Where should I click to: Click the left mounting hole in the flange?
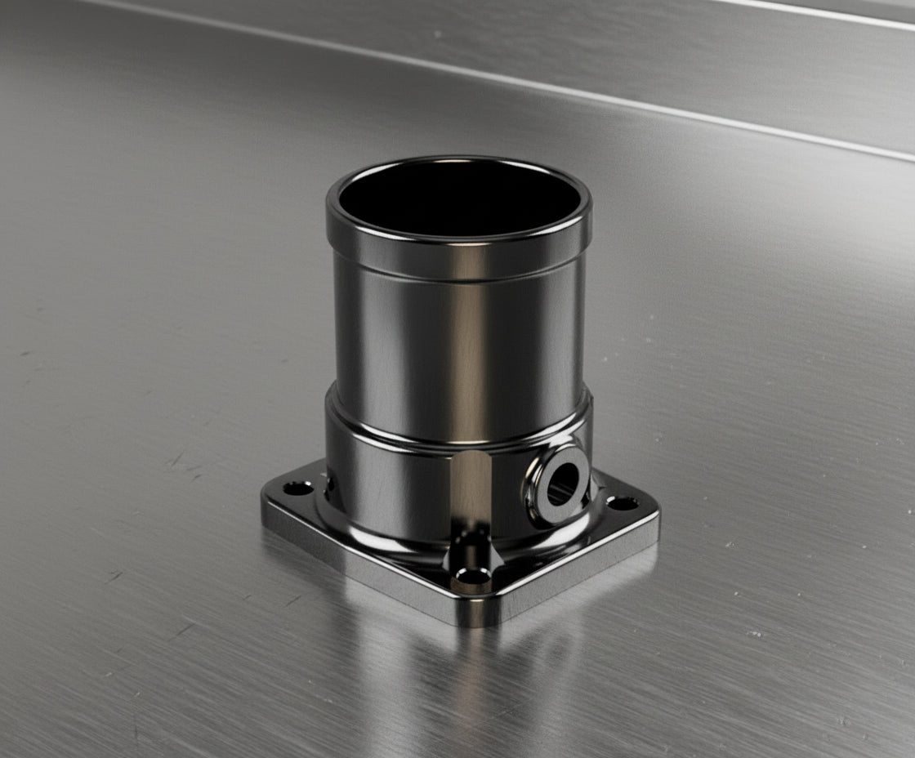point(297,488)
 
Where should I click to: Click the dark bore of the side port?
point(562,486)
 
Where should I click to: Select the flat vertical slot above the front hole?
point(471,490)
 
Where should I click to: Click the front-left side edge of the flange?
point(359,564)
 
